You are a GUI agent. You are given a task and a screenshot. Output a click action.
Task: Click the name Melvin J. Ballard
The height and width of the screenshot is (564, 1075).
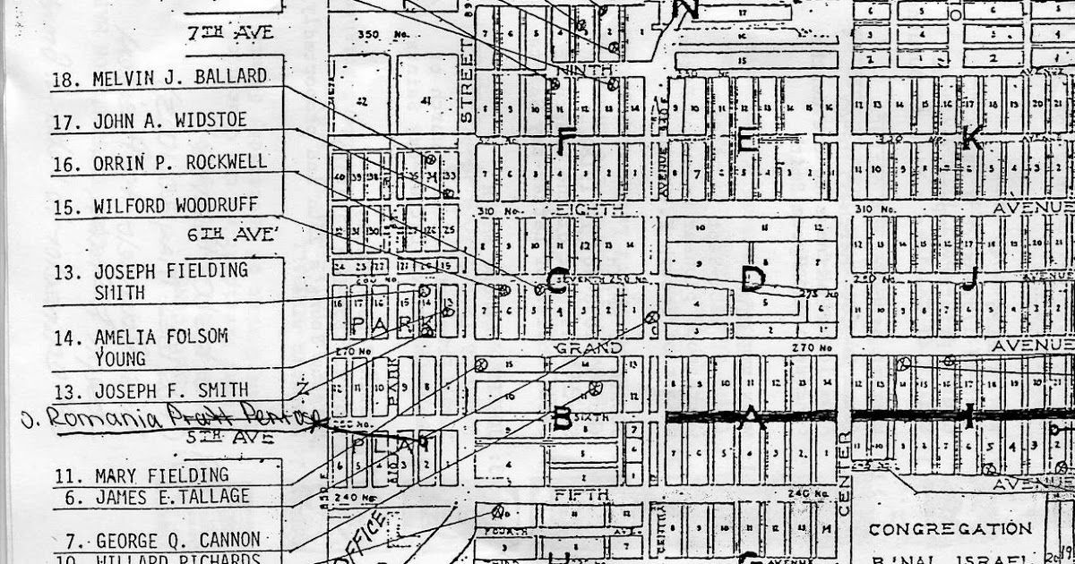coord(179,78)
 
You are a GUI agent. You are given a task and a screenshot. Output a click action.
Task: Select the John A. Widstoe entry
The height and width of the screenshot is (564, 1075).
coord(169,121)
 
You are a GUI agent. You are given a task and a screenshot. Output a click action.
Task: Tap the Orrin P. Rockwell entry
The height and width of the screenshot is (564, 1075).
coord(180,163)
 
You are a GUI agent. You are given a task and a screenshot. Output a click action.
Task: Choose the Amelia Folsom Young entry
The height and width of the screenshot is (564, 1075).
coord(161,347)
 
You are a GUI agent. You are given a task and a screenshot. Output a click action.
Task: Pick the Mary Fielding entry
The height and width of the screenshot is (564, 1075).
coord(161,474)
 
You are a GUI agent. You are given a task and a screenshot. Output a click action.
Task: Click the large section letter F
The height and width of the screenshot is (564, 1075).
coord(566,141)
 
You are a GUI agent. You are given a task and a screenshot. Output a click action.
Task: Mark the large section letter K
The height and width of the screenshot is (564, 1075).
coord(971,138)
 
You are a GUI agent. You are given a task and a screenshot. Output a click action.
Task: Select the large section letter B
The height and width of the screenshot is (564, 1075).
coord(563,418)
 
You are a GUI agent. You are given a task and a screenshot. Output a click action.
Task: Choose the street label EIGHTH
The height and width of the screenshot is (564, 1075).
coord(589,209)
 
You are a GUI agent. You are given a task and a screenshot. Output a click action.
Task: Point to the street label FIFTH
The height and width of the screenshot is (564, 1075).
coord(582,493)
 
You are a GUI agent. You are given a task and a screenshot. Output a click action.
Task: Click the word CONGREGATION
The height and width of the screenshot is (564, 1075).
coord(950,528)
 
